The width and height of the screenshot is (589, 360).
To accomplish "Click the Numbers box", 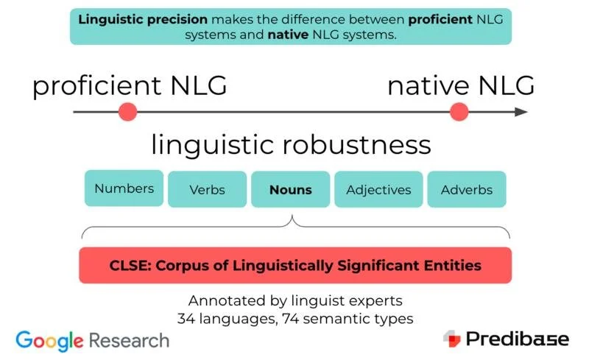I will pyautogui.click(x=124, y=188).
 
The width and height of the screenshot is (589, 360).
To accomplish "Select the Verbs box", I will pyautogui.click(x=207, y=190).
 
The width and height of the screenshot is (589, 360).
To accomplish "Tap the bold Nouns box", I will pyautogui.click(x=290, y=190).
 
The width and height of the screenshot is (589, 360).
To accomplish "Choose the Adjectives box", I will pyautogui.click(x=378, y=190).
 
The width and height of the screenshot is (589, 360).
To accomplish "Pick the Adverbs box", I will pyautogui.click(x=467, y=190).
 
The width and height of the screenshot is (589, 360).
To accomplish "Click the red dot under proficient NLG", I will pyautogui.click(x=127, y=112).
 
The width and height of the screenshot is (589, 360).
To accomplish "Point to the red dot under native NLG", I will pyautogui.click(x=459, y=112).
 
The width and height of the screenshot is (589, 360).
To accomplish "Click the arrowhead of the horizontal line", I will pyautogui.click(x=521, y=112).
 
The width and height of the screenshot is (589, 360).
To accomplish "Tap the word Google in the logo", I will pyautogui.click(x=50, y=340).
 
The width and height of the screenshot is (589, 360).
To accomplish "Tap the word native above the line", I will pyautogui.click(x=428, y=86).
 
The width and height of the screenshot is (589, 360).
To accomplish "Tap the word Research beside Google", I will pyautogui.click(x=129, y=340).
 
